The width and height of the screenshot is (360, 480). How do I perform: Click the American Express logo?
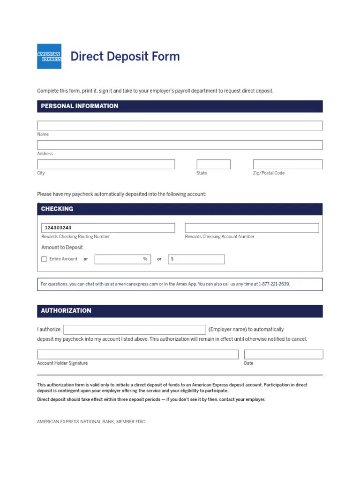click(49, 56)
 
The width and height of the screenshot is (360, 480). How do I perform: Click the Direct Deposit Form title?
click(125, 56)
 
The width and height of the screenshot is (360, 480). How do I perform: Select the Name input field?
click(180, 126)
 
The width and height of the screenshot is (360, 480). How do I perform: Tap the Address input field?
click(180, 145)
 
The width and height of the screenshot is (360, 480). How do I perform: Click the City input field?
click(106, 164)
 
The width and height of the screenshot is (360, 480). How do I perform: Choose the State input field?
click(213, 164)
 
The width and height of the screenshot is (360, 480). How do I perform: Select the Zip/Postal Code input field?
click(288, 164)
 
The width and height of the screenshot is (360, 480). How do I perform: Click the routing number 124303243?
click(58, 228)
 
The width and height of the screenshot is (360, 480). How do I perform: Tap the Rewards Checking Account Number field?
click(252, 228)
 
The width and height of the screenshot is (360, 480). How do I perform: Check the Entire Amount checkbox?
click(44, 259)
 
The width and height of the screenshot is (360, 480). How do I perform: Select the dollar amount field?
click(196, 259)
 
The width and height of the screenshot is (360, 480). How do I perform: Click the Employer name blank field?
click(135, 330)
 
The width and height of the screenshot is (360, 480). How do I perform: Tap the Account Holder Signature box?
click(137, 354)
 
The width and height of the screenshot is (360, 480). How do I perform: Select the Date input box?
click(283, 354)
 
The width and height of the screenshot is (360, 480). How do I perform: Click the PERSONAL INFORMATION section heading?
click(80, 106)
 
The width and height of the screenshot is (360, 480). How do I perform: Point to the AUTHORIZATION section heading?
click(66, 311)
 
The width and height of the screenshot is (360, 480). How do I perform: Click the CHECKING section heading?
click(57, 209)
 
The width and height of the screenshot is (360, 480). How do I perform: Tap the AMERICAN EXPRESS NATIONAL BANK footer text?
click(91, 422)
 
